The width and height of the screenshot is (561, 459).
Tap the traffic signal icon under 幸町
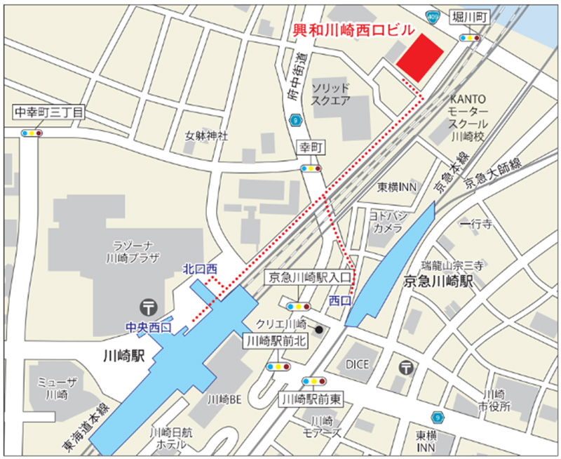tap(310, 168)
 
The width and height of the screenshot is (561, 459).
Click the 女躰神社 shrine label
tap(206, 135)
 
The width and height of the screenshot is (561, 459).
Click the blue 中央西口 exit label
tap(148, 327)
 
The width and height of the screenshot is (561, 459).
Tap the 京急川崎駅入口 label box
tap(309, 278)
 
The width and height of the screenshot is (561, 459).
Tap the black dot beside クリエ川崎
tap(318, 329)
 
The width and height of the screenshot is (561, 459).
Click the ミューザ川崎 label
tap(53, 387)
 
